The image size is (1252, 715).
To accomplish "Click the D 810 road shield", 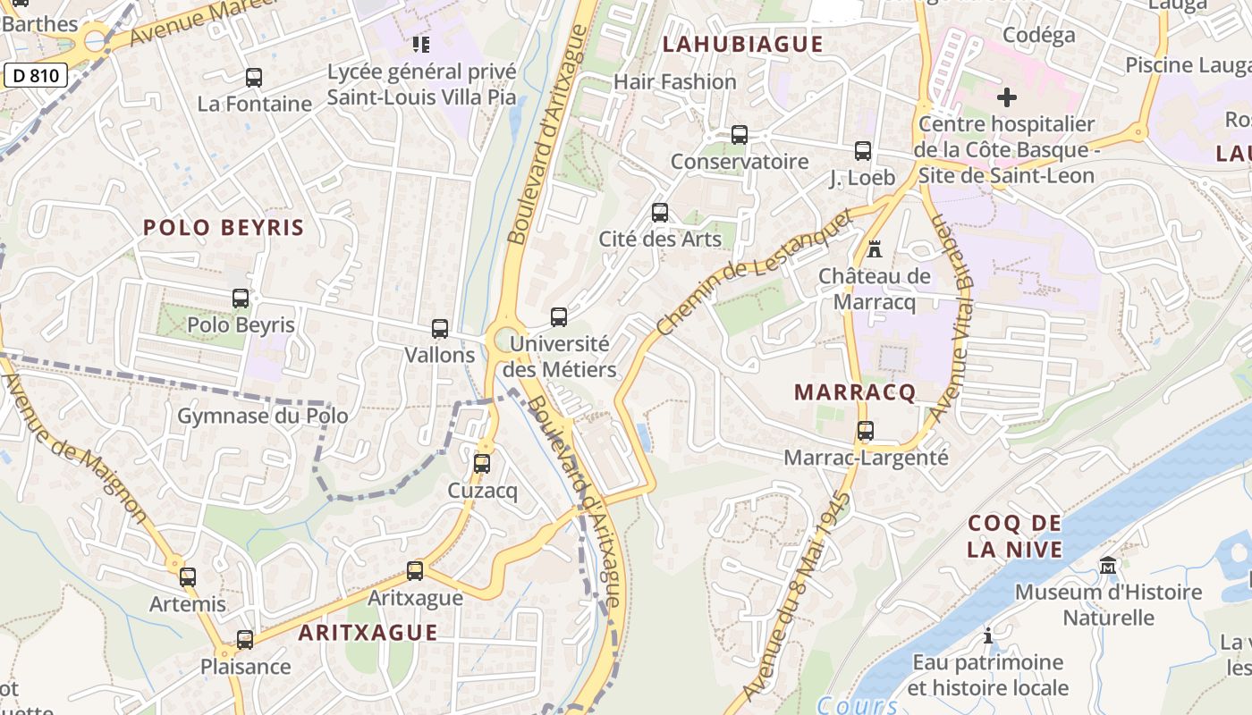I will tap(36, 75).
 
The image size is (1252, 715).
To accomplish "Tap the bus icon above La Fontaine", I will tap(254, 78).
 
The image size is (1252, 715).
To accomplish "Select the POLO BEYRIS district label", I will tap(224, 227).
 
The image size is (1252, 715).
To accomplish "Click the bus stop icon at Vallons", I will tap(439, 329).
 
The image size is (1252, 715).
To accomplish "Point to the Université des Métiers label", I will tap(560, 357).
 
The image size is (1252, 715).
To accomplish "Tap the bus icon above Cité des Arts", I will tap(660, 213).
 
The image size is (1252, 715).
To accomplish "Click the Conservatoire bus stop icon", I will tap(740, 135).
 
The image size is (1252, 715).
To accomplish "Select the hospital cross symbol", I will tap(1007, 97).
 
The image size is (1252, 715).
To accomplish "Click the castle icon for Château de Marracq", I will tap(875, 249).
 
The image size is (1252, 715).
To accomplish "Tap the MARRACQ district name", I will tap(855, 392).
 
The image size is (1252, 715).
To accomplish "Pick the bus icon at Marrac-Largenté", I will tap(865, 431).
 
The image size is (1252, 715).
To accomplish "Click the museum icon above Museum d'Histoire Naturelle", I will tap(1108, 565).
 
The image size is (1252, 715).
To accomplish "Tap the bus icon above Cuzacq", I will tap(482, 464).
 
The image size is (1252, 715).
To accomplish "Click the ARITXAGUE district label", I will tap(368, 633).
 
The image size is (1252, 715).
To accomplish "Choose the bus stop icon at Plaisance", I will tap(245, 640).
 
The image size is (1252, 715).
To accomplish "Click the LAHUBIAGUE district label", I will tap(742, 44).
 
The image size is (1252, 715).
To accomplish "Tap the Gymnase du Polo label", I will tap(262, 416).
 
